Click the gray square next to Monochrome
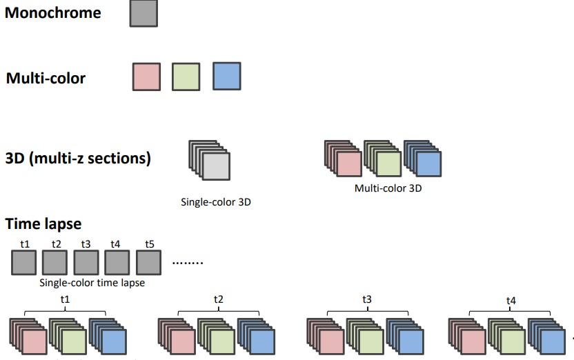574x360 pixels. (x=143, y=14)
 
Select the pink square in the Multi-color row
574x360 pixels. (x=146, y=76)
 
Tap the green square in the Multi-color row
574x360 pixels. (x=186, y=76)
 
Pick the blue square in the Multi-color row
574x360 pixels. (x=227, y=76)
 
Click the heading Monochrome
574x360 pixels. (x=53, y=12)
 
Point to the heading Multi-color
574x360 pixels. (x=46, y=78)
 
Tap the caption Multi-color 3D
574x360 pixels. (x=388, y=188)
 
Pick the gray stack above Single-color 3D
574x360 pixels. (x=210, y=162)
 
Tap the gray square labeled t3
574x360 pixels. (x=86, y=262)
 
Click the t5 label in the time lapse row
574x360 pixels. (x=150, y=243)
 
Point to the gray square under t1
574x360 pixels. (x=23, y=262)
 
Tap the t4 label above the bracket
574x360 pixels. (x=511, y=301)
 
